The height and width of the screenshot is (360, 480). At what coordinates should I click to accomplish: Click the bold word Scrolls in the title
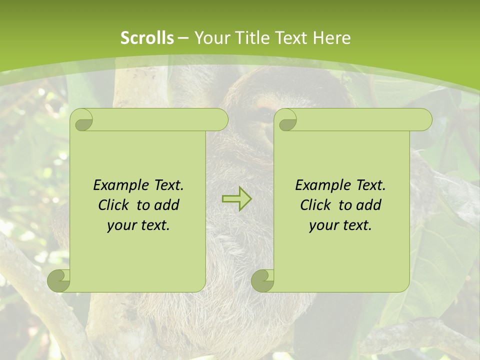pyautogui.click(x=147, y=38)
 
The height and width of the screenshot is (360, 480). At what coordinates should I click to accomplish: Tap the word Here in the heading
pyautogui.click(x=331, y=38)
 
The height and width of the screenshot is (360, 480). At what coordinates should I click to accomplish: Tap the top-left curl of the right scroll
pyautogui.click(x=286, y=120)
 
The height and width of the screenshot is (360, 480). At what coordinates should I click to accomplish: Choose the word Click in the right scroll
pyautogui.click(x=315, y=205)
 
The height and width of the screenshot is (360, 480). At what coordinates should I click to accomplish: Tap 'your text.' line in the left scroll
pyautogui.click(x=138, y=225)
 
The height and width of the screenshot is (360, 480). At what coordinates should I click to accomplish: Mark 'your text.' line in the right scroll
pyautogui.click(x=340, y=225)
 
